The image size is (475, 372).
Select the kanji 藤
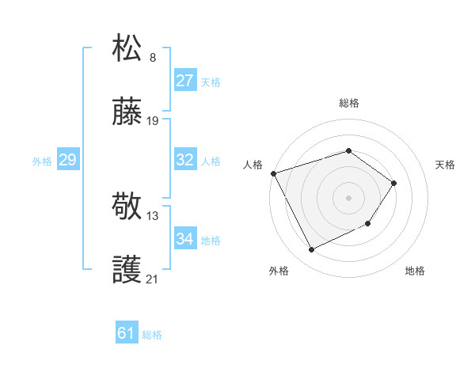click(127, 114)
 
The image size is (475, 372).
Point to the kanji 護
click(127, 271)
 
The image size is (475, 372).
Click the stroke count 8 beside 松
click(153, 58)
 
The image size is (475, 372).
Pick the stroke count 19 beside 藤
click(153, 121)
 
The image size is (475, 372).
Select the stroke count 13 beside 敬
click(153, 215)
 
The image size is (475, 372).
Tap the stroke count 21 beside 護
click(153, 279)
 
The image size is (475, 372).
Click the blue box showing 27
click(185, 81)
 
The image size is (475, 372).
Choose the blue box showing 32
click(185, 160)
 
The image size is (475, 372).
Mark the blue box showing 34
click(185, 239)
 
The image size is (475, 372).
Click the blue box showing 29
click(67, 161)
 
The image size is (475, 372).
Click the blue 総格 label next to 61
click(152, 335)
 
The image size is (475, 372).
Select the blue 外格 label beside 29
click(42, 161)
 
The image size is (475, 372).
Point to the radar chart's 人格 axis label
click(253, 165)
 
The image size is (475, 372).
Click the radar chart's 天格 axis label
click(445, 165)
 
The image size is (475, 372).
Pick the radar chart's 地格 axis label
click(415, 271)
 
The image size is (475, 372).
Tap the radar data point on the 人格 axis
click(273, 173)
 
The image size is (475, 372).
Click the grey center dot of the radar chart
click(348, 197)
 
